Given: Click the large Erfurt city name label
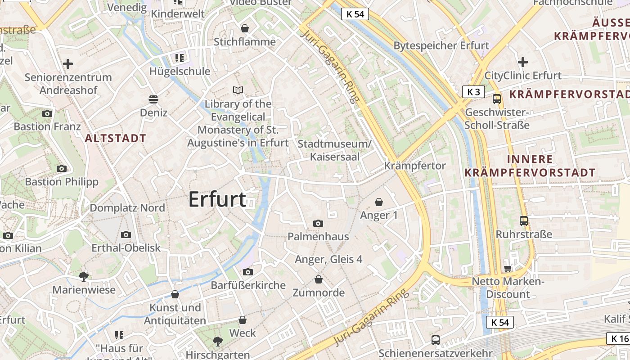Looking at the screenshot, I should click(217, 199).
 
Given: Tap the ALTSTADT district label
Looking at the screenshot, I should click(116, 138).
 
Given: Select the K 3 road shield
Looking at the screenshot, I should click(473, 92).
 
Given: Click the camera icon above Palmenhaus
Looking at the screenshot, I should click(318, 223).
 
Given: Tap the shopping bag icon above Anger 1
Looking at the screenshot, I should click(379, 202).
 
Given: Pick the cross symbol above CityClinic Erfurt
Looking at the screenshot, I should click(523, 62).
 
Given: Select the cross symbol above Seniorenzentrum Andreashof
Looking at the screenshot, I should click(68, 64).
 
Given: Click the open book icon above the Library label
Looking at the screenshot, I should click(238, 90).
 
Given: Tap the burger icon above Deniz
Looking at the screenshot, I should click(153, 99).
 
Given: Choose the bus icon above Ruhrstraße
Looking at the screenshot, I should click(524, 220).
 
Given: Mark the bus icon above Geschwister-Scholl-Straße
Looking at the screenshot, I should click(497, 99).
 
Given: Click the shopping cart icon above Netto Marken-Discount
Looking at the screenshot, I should click(508, 268).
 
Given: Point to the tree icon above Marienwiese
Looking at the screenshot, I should click(84, 276).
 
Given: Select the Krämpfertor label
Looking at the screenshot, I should click(415, 166).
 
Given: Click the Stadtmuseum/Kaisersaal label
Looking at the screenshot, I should click(335, 150).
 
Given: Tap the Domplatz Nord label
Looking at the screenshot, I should click(127, 208).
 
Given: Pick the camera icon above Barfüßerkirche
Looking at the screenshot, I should click(247, 272).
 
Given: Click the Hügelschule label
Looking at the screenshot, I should click(180, 71).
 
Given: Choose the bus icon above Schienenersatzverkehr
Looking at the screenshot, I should click(436, 340).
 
